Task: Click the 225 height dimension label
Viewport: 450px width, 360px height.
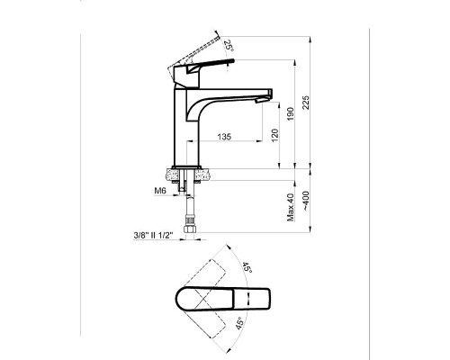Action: tap(305, 103)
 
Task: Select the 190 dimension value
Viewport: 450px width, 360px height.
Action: tap(291, 114)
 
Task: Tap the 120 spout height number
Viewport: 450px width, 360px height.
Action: tap(274, 135)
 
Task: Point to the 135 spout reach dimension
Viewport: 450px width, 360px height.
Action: tap(224, 137)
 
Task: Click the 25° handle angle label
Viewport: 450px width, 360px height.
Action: tap(229, 45)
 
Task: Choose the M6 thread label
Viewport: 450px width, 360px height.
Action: tap(160, 191)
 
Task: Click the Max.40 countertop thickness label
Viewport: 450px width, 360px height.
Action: tap(291, 207)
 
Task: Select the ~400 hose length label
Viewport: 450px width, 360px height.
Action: tap(305, 201)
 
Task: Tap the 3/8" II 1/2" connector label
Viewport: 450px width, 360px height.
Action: tap(153, 236)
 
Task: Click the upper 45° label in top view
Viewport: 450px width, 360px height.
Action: tap(247, 267)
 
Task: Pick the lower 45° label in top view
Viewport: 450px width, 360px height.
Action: tap(239, 323)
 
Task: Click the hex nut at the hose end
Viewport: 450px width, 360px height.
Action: tap(190, 230)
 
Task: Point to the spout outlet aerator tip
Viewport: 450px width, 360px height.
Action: tap(261, 100)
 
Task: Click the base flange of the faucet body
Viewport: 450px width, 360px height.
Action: tap(186, 166)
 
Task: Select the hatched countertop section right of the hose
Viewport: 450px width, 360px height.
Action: tap(202, 175)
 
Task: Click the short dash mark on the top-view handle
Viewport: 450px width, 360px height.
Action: tap(248, 299)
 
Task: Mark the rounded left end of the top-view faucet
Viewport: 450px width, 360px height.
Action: tap(176, 299)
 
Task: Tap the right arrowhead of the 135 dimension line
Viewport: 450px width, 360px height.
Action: tap(259, 140)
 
